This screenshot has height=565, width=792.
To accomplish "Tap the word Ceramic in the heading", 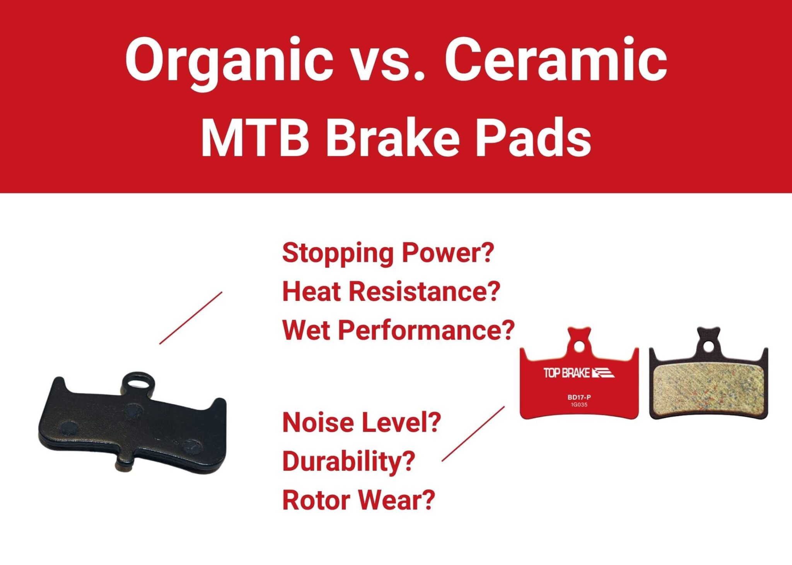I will coord(555,60).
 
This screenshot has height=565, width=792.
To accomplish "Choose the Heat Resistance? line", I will coord(391,292).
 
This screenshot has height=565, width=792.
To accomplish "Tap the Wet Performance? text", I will coord(398,331).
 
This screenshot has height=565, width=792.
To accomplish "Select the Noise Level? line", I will coord(362,422).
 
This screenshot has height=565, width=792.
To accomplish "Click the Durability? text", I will coord(348,461).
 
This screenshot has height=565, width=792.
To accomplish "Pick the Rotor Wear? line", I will coord(358,500).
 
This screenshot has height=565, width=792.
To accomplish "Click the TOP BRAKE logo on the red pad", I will coord(579,373).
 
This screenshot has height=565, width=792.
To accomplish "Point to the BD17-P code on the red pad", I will coord(579,397).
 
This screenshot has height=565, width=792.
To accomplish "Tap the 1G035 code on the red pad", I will coord(579,405).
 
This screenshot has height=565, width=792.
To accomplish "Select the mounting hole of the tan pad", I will coord(708,346).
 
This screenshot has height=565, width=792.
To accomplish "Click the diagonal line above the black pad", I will coord(191,318).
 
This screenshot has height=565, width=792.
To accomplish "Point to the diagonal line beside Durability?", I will coord(473,434).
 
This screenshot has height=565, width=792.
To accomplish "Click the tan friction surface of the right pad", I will coord(708,386).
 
